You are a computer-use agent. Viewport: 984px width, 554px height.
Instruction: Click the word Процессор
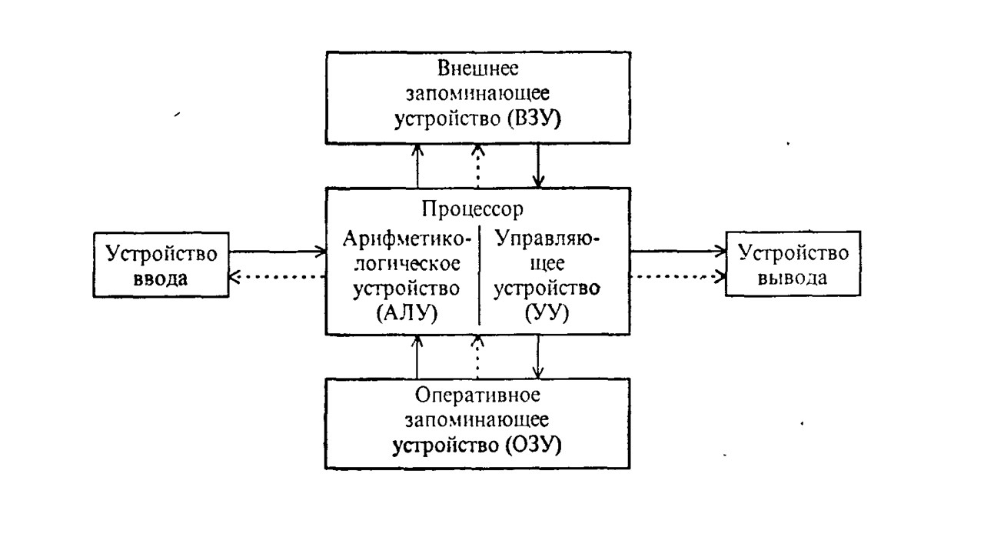pyautogui.click(x=473, y=209)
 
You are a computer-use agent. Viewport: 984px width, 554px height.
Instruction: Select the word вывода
pyautogui.click(x=793, y=278)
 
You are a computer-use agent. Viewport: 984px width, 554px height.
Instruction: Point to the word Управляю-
pyautogui.click(x=547, y=239)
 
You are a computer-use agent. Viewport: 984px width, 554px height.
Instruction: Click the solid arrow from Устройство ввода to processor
pyautogui.click(x=278, y=250)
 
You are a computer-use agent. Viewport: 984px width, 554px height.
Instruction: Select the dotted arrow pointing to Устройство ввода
pyautogui.click(x=278, y=278)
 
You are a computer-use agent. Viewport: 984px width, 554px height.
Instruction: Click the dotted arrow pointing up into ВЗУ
pyautogui.click(x=477, y=165)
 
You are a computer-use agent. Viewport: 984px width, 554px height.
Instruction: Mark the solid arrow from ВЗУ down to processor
pyautogui.click(x=540, y=165)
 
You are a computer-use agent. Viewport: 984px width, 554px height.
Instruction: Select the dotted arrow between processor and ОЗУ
pyautogui.click(x=477, y=356)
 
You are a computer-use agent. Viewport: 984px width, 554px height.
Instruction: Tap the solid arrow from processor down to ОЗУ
pyautogui.click(x=540, y=356)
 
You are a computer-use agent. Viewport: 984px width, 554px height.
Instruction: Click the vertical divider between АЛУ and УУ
pyautogui.click(x=479, y=275)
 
